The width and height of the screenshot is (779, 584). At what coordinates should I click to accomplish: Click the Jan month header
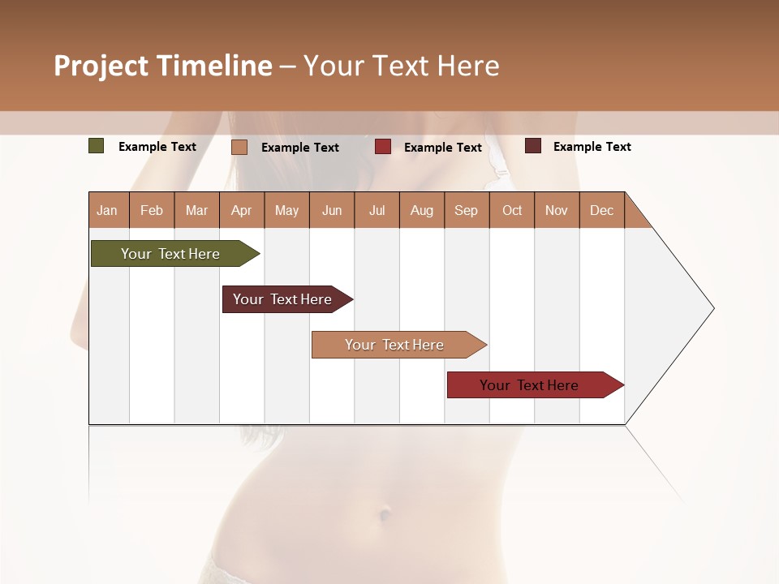[x=108, y=210]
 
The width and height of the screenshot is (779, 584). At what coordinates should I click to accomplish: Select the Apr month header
[x=242, y=210]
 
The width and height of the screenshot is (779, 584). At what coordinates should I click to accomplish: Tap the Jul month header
[x=377, y=210]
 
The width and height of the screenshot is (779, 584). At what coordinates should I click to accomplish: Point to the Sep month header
[x=466, y=210]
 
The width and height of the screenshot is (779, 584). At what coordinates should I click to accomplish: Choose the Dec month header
[x=601, y=210]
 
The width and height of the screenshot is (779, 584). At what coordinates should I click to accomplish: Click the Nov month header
[x=556, y=210]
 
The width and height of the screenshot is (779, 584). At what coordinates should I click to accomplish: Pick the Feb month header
[x=152, y=210]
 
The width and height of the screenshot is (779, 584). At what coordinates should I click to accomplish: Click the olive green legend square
[x=96, y=146]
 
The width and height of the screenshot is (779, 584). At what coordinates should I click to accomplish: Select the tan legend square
[x=239, y=147]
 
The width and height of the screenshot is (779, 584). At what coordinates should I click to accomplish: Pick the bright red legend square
[x=383, y=147]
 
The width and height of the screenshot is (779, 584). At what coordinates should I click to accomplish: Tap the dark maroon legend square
[x=533, y=146]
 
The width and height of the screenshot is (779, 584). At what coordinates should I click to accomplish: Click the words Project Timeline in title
[x=163, y=66]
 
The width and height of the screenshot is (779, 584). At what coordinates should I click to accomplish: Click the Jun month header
[x=332, y=210]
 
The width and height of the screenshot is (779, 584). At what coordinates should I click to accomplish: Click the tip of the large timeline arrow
[x=712, y=308]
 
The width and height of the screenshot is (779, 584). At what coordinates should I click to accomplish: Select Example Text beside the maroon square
[x=592, y=146]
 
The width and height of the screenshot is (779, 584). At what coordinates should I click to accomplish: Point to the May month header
[x=286, y=210]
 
